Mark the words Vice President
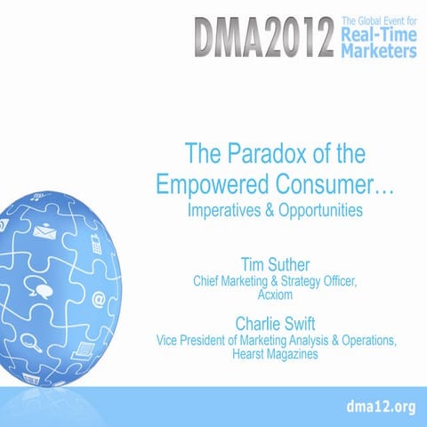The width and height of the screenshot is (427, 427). pos(195,338)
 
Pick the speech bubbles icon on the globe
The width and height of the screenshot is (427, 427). pos(39,286)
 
